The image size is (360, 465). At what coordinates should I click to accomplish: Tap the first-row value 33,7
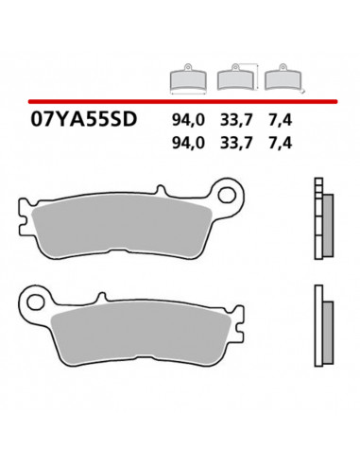[x=236, y=121]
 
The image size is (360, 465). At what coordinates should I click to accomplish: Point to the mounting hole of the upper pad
[x=248, y=186]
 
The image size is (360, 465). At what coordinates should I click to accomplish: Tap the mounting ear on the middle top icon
[x=232, y=66]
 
